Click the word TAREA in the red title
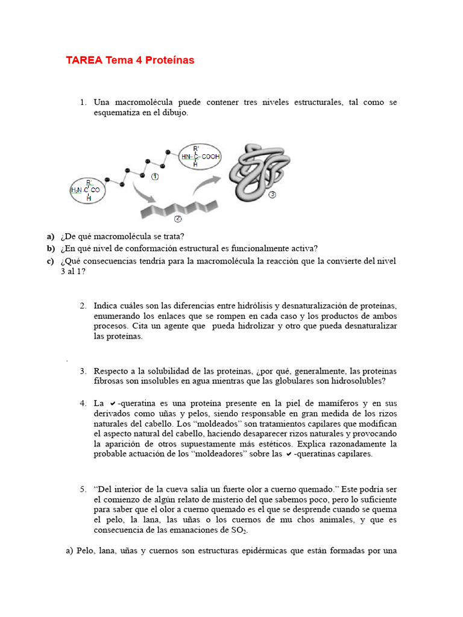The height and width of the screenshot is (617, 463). (84, 60)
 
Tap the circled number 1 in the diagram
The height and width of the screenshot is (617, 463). (155, 177)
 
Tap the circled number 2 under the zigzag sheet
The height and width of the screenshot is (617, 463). (178, 218)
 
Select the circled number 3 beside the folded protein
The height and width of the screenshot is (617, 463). (272, 195)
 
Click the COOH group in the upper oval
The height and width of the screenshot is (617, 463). (211, 157)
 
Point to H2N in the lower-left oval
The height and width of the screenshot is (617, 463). (77, 190)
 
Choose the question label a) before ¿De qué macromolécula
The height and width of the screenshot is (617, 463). (50, 236)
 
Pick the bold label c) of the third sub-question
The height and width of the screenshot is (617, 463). (50, 261)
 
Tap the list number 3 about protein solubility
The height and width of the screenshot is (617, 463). (83, 371)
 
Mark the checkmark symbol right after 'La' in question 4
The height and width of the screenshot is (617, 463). (112, 403)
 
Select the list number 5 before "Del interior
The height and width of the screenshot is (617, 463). (83, 489)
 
